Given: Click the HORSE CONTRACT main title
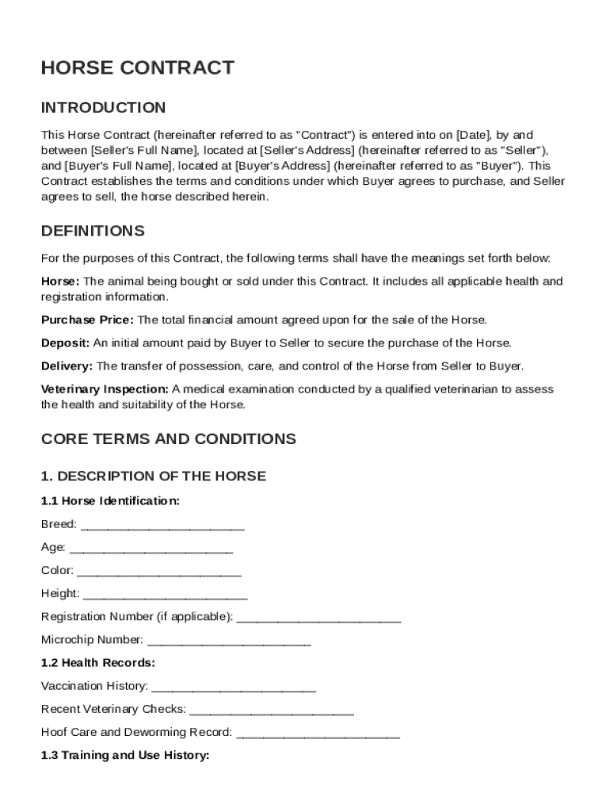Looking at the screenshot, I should pos(137,68).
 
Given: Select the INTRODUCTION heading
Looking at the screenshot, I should pos(103,108).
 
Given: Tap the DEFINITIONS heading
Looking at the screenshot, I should pos(93,232).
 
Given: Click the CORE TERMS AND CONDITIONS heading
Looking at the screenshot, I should pos(168,439).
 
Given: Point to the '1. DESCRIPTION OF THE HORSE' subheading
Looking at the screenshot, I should pos(153,477).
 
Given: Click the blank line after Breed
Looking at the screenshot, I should pos(162,526).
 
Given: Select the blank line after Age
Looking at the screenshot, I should pos(151,549).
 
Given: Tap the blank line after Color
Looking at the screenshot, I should pos(159,572).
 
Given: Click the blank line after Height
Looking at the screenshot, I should pos(165,595).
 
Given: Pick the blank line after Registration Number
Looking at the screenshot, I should pos(318,618).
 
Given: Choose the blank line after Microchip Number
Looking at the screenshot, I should pos(229,641).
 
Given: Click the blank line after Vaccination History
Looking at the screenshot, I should pos(234,687).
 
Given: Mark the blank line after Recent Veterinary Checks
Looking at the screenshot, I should pos(272,710).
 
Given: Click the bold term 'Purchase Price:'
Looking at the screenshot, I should pos(88,320).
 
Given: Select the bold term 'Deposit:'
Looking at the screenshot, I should pos(66,343).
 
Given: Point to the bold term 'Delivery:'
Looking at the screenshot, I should pos(67,366).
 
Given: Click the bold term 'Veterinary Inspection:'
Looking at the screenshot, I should pos(105,389).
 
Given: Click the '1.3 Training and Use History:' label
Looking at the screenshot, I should pos(124,756).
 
